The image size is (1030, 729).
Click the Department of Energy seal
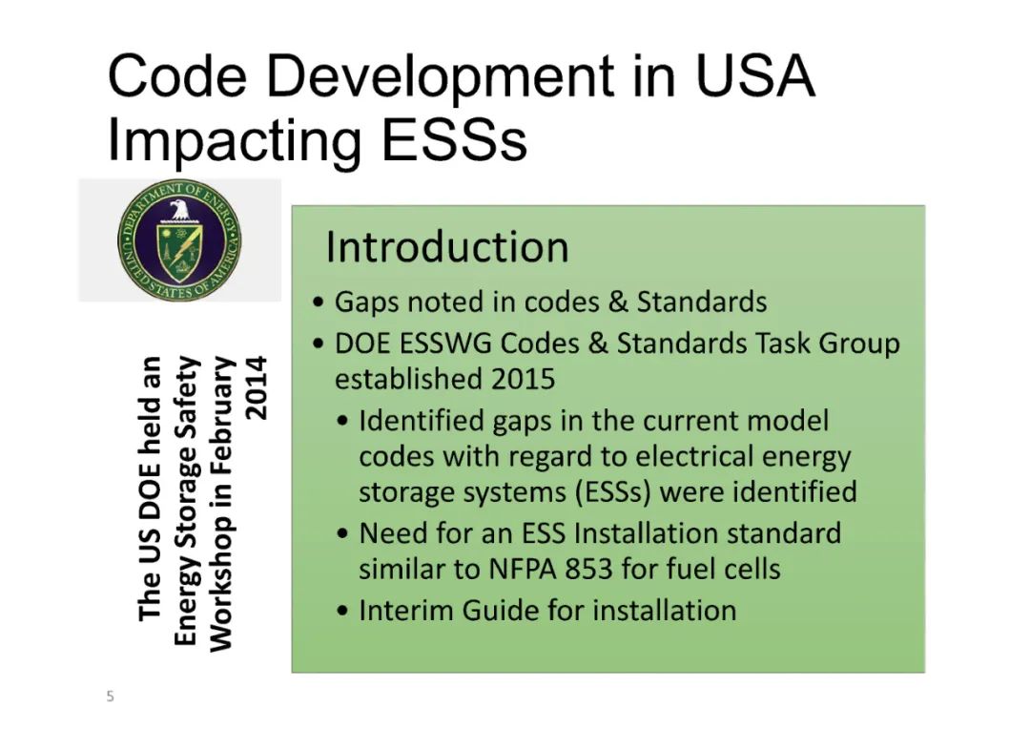point(179,240)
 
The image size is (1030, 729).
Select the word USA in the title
point(754,76)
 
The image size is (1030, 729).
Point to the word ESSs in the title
point(454,139)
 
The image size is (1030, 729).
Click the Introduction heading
point(447,247)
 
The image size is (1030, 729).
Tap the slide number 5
point(111,697)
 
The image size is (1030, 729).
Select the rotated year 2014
point(256,388)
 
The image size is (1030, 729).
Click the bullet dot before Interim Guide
point(342,611)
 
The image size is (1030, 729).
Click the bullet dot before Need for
point(342,533)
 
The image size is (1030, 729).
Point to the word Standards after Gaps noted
point(702,302)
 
